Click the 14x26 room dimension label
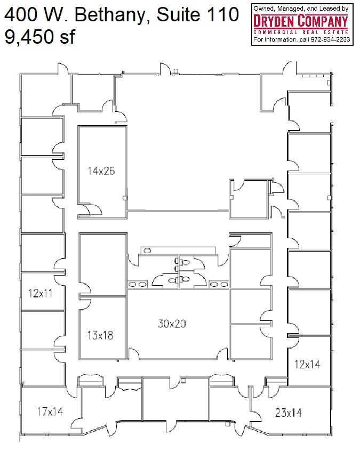coord(101,171)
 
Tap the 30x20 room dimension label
coord(172,323)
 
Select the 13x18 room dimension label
coord(100,335)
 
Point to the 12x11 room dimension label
coord(40,292)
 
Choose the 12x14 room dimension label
coord(308,364)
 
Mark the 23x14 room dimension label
coord(289,412)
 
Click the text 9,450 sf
coord(40,37)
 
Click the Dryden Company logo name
coord(301,22)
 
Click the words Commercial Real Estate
coord(301,33)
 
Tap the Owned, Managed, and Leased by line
coord(301,9)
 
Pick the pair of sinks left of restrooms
coord(135,285)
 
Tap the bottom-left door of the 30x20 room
coord(133,354)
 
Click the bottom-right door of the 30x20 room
coord(221,354)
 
